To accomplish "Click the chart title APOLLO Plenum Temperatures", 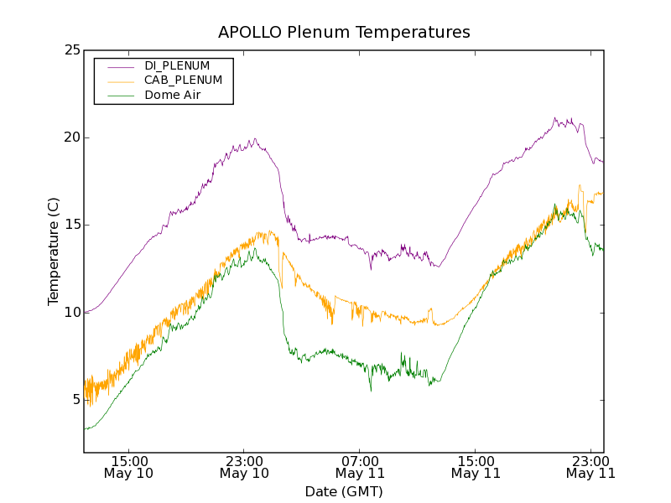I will point(344,33).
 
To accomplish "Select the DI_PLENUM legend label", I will point(177,65).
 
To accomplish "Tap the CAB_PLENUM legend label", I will point(183,80).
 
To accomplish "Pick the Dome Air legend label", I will point(173,96).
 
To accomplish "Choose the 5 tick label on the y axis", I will point(76,400).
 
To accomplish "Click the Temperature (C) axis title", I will point(54,251).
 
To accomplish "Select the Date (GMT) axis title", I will point(344,491).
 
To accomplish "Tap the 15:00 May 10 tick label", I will point(129,467).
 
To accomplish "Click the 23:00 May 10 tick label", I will point(244,467).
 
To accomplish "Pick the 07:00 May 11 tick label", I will point(360,467).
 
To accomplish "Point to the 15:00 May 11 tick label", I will point(476,467).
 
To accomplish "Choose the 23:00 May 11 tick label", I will point(590,467).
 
